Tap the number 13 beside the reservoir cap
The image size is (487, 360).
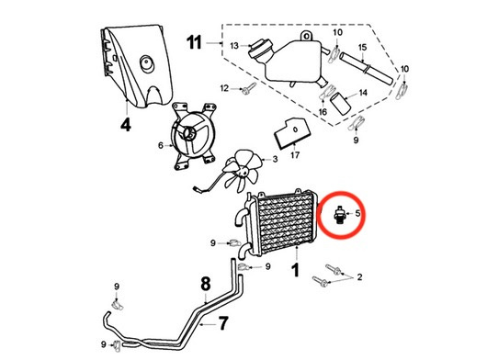(x=233, y=45)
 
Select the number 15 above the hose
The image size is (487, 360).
(x=362, y=47)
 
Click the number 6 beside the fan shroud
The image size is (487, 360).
(x=160, y=145)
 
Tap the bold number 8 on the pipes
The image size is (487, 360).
(x=206, y=284)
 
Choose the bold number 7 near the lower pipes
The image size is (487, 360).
(x=221, y=322)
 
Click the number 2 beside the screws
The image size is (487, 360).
(x=360, y=276)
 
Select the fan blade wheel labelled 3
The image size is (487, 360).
(x=244, y=170)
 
